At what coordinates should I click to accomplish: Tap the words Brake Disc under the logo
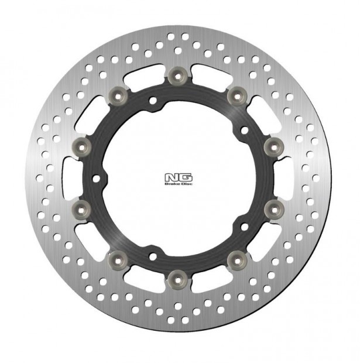pyautogui.click(x=180, y=183)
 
